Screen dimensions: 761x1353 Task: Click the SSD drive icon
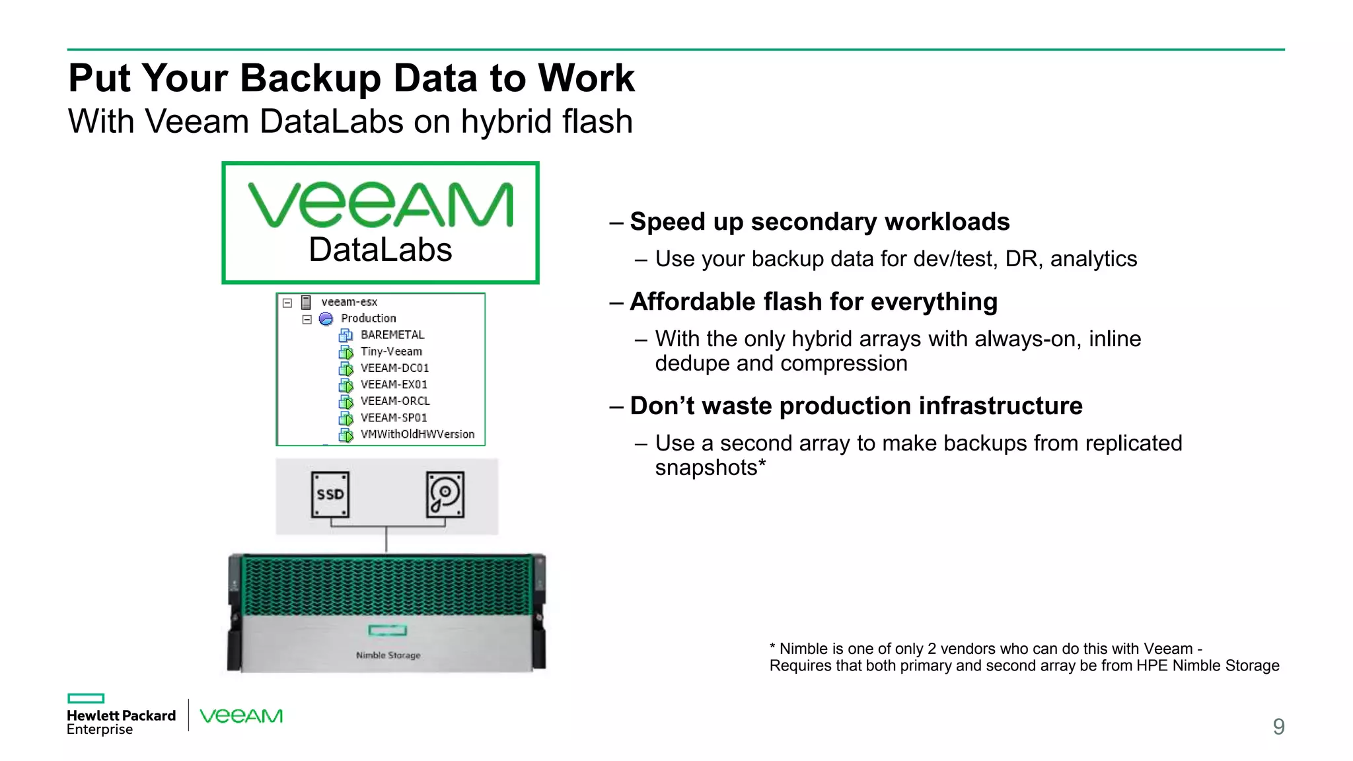(x=330, y=494)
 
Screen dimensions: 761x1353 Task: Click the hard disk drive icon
(x=445, y=494)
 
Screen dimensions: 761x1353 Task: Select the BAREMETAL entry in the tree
(x=392, y=335)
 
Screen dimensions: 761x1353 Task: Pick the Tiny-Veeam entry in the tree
(x=390, y=351)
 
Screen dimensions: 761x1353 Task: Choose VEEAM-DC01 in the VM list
(x=394, y=368)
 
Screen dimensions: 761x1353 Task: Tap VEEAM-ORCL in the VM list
(x=394, y=401)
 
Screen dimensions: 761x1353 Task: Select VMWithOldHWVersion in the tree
(x=417, y=434)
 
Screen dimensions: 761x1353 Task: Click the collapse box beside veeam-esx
(x=287, y=303)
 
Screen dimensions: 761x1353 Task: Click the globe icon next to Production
(x=326, y=319)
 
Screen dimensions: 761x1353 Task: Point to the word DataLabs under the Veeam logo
(x=381, y=250)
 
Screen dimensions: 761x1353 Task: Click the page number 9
(x=1278, y=727)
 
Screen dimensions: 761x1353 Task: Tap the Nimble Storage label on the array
(x=388, y=655)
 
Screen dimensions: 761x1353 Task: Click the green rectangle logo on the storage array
(x=388, y=630)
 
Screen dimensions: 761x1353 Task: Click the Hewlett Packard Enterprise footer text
(x=121, y=721)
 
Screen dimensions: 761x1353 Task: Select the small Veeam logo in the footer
(x=241, y=716)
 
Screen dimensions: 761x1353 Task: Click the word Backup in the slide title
(x=310, y=78)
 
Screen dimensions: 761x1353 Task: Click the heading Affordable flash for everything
(x=813, y=301)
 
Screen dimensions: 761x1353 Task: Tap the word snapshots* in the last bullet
(x=710, y=468)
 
